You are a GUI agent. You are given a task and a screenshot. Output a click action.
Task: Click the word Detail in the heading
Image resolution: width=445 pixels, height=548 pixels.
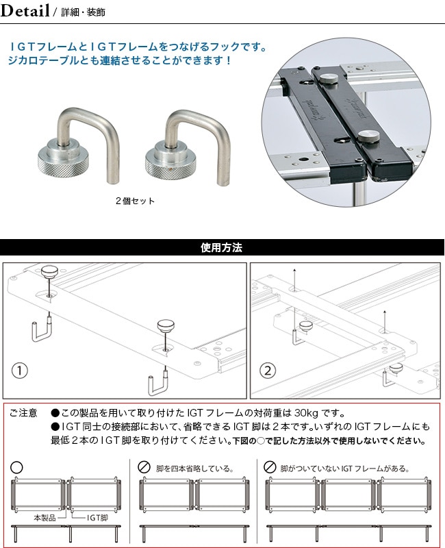click(25, 11)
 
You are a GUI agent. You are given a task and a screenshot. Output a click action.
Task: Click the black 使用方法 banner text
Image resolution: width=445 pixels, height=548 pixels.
click(221, 248)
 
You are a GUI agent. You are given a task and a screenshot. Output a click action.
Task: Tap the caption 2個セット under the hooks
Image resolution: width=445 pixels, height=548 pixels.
click(135, 201)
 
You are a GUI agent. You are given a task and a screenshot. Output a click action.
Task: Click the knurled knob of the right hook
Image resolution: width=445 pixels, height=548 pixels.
click(169, 161)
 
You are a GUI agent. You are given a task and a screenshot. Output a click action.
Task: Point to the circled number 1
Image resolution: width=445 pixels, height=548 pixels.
click(20, 370)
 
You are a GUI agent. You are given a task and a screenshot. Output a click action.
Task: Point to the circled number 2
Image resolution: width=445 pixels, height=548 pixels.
click(268, 370)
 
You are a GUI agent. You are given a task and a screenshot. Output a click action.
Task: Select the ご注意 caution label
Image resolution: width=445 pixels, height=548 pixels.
click(23, 413)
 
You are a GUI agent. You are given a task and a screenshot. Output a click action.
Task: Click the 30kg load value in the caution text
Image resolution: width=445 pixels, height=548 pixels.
click(306, 414)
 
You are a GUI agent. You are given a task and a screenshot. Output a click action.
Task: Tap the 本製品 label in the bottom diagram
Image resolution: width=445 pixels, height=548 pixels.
click(44, 518)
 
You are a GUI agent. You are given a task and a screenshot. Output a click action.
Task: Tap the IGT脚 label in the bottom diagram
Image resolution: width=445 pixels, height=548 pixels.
click(97, 518)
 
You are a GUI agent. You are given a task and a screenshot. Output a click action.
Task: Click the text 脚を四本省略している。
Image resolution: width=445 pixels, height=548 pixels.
click(195, 469)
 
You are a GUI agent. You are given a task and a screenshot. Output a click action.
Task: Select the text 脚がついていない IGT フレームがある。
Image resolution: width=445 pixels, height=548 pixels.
click(345, 469)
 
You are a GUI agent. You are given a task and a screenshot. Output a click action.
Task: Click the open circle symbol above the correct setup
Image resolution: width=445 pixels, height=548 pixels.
click(16, 467)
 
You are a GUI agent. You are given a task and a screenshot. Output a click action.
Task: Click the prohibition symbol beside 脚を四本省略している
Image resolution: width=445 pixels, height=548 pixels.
click(144, 467)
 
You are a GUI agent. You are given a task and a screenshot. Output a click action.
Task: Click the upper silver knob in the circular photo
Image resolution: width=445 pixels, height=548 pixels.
click(330, 78)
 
